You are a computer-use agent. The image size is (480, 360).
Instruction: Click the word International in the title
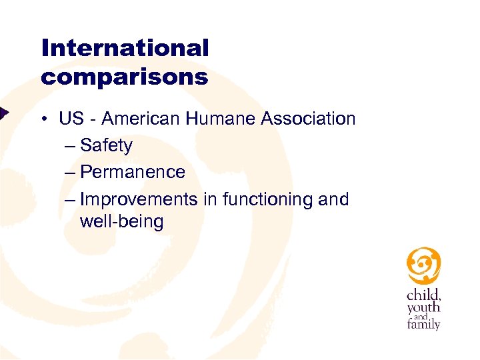(x=125, y=48)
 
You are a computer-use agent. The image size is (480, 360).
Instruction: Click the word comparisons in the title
(x=125, y=77)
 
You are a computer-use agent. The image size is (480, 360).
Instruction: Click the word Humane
(x=221, y=119)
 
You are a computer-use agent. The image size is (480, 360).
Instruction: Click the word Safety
(x=106, y=146)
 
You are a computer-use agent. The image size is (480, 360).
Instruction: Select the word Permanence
(x=132, y=172)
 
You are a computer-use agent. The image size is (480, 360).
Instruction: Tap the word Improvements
(x=138, y=199)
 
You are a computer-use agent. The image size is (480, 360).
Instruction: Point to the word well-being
(x=121, y=221)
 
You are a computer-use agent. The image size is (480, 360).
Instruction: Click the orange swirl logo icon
(x=424, y=266)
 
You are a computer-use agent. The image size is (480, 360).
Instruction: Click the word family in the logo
(x=424, y=325)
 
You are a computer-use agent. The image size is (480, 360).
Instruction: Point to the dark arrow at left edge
(x=3, y=112)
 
